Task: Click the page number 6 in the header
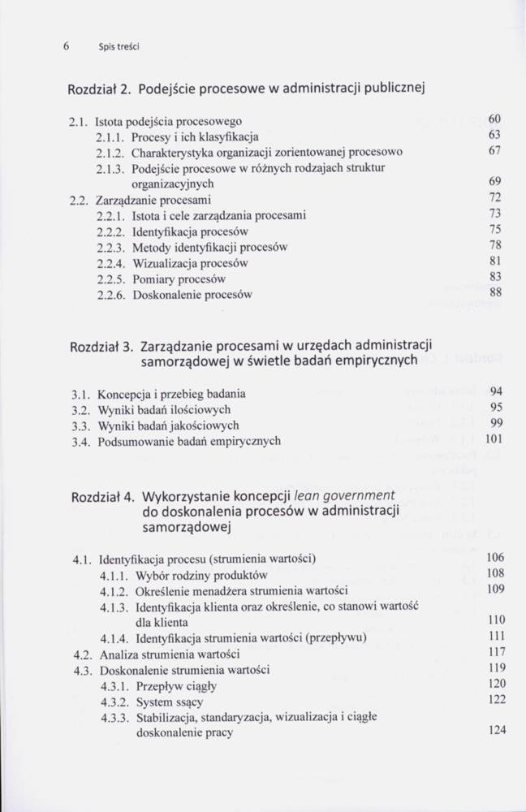point(64,46)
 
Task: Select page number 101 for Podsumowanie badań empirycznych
point(495,440)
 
